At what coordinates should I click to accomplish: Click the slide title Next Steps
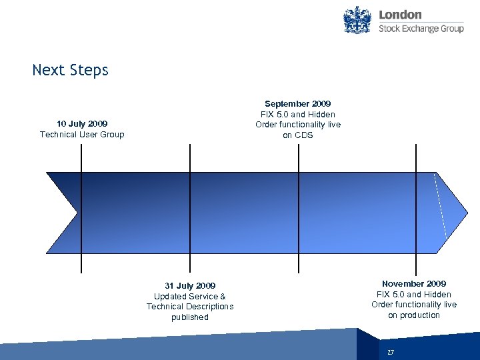pos(70,70)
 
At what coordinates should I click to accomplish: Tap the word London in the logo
pos(400,15)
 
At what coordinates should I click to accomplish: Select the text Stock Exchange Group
pos(421,29)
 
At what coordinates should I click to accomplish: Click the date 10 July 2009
pos(82,123)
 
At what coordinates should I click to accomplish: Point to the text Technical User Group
pos(82,134)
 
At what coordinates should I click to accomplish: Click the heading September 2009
pos(297,104)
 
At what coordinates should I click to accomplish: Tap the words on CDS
pos(297,135)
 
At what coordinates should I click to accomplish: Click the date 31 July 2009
pos(190,286)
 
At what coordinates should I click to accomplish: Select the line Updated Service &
pos(190,297)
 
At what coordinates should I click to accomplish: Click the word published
pos(190,317)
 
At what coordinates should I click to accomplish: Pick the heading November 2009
pos(414,284)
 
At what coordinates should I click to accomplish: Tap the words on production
pos(414,315)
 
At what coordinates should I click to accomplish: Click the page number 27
pos(391,351)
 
